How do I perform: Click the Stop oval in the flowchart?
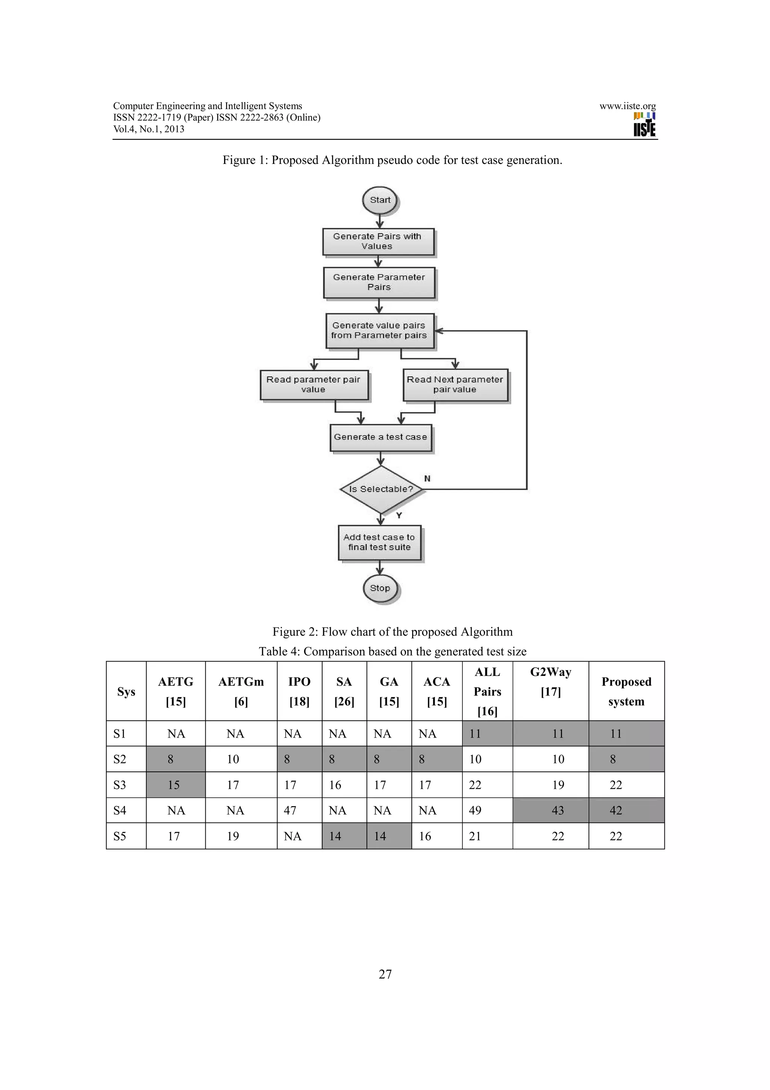(x=380, y=588)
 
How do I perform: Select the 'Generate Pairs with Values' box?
(x=378, y=241)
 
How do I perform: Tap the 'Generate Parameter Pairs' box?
(x=379, y=282)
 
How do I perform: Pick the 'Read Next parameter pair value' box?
(x=455, y=384)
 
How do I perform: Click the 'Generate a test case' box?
(x=380, y=437)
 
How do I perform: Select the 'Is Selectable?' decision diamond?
(x=381, y=489)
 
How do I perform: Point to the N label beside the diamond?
(x=427, y=478)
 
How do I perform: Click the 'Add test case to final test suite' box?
(x=379, y=542)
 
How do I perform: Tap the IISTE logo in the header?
(x=644, y=124)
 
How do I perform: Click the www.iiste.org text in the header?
(x=627, y=106)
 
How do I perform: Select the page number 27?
(x=385, y=974)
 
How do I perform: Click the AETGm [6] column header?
(x=241, y=691)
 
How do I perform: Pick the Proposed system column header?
(x=626, y=691)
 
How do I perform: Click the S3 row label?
(x=120, y=785)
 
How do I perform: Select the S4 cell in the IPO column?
(x=290, y=811)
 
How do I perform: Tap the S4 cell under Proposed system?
(x=616, y=811)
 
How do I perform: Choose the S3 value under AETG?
(x=174, y=785)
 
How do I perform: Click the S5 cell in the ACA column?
(x=425, y=836)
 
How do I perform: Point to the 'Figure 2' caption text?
(x=393, y=632)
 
